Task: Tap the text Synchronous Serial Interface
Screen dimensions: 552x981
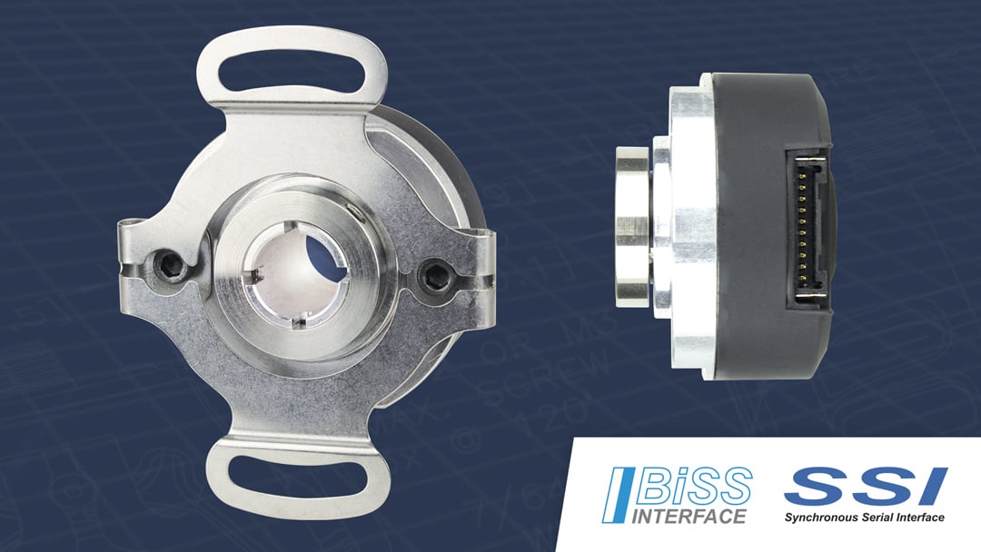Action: coord(865,517)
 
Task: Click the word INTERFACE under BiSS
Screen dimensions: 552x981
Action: coord(688,517)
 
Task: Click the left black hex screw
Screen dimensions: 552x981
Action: coord(172,265)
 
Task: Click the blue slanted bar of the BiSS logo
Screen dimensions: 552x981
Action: coord(621,496)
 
